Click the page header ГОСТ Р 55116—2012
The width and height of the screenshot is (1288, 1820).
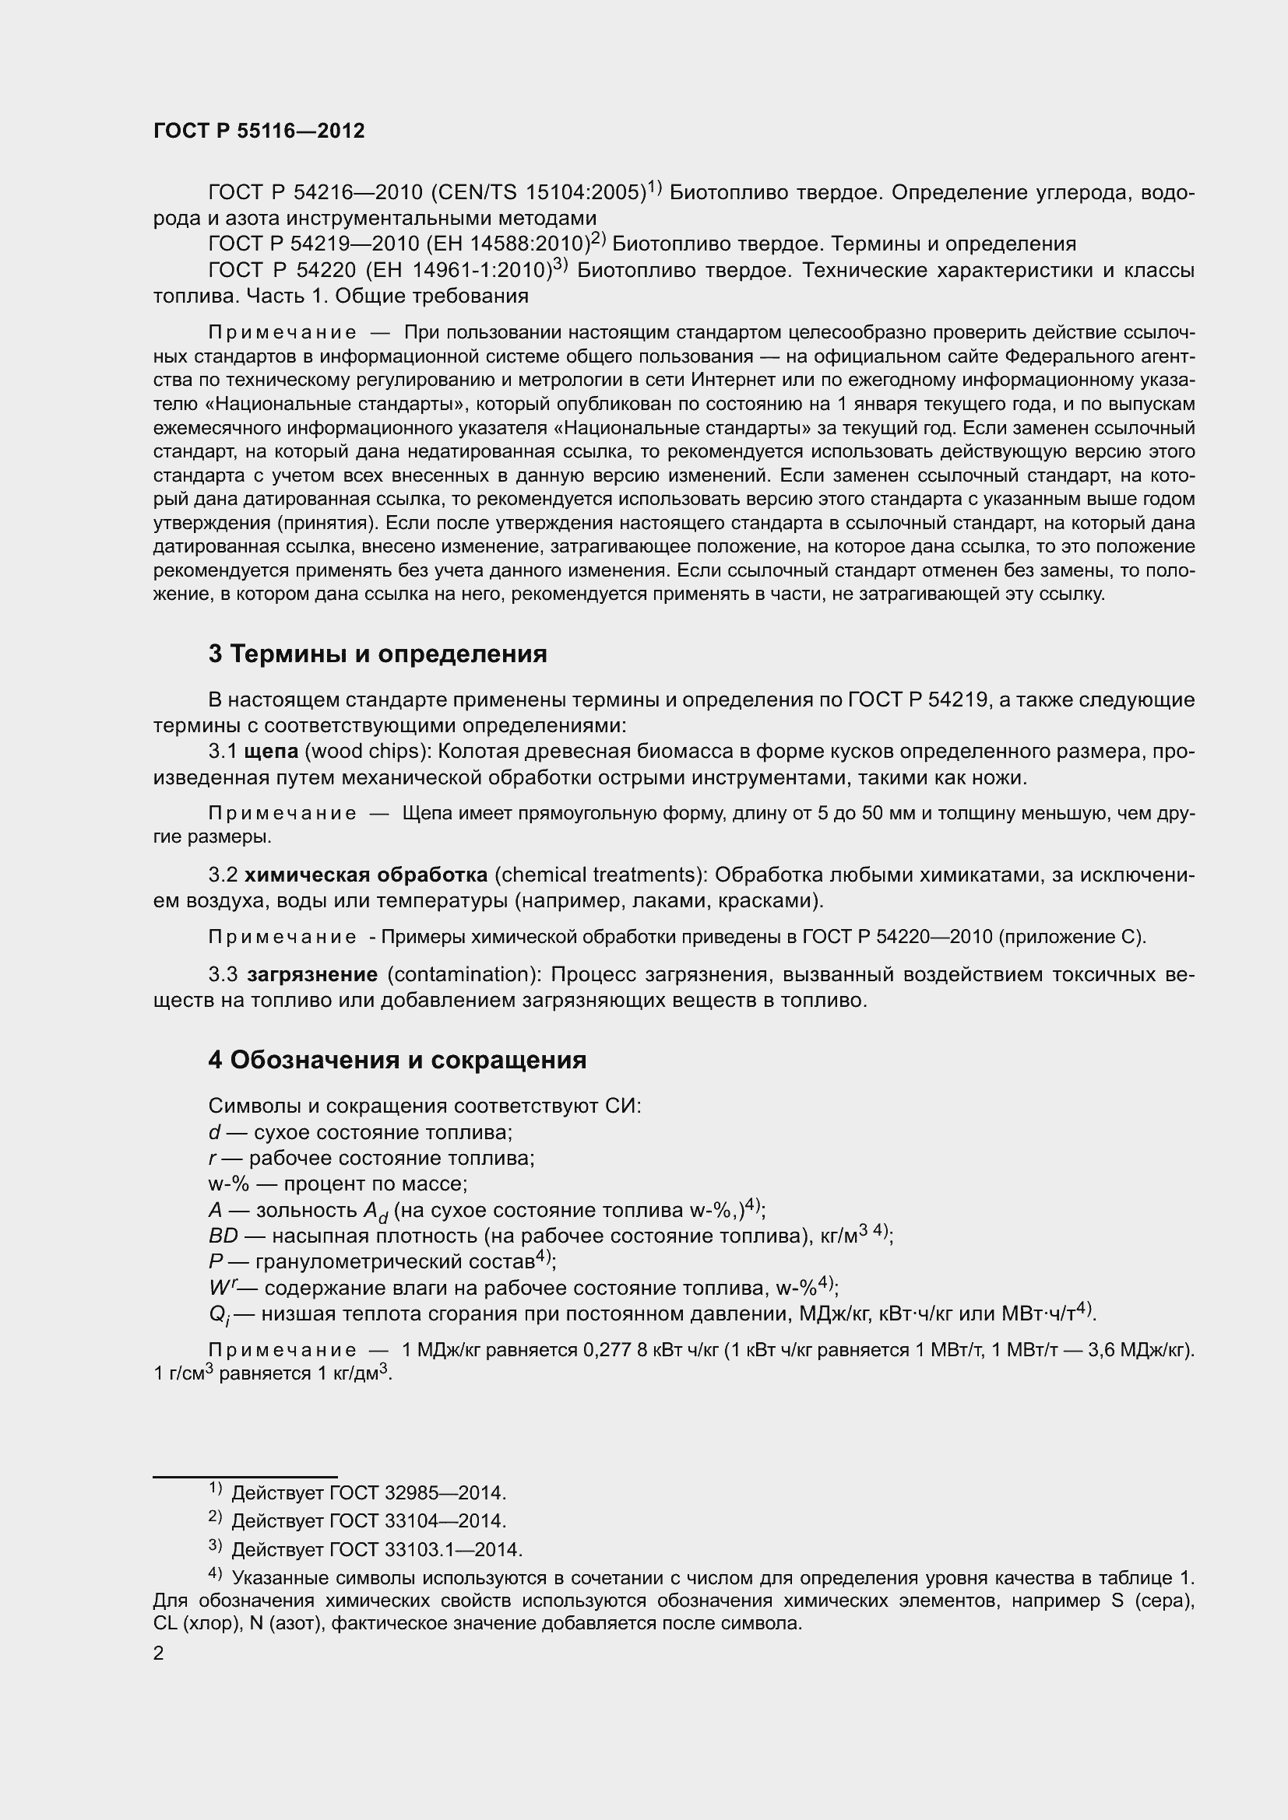point(259,131)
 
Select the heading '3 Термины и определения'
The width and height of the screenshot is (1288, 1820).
point(378,654)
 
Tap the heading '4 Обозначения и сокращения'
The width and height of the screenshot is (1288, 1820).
point(397,1060)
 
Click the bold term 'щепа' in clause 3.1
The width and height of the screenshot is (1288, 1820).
point(271,752)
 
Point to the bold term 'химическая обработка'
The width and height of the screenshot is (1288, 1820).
point(366,875)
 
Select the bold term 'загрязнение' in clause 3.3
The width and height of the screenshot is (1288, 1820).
point(312,974)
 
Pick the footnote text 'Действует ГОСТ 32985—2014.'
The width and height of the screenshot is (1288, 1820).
point(368,1493)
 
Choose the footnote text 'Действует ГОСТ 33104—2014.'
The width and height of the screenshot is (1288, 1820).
point(368,1521)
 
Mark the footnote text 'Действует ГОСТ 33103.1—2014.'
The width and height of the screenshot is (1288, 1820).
point(377,1550)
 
